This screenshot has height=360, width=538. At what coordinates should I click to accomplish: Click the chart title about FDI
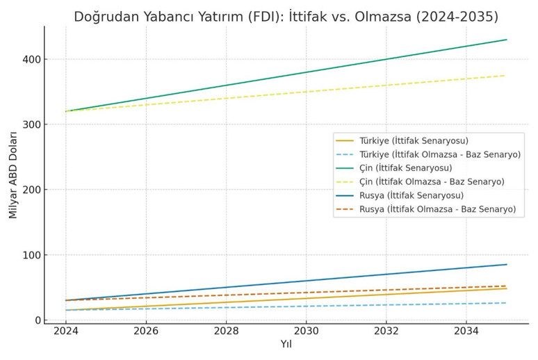pos(286,16)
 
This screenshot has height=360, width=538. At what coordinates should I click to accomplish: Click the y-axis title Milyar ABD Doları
pos(13,174)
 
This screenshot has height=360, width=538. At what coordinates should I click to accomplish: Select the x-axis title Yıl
pos(286,344)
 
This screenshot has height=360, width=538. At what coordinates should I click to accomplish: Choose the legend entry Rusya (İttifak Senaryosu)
pos(410,195)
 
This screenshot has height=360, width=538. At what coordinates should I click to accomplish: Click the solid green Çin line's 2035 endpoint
pos(507,40)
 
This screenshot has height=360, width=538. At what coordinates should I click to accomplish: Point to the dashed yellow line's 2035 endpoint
pos(505,75)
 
